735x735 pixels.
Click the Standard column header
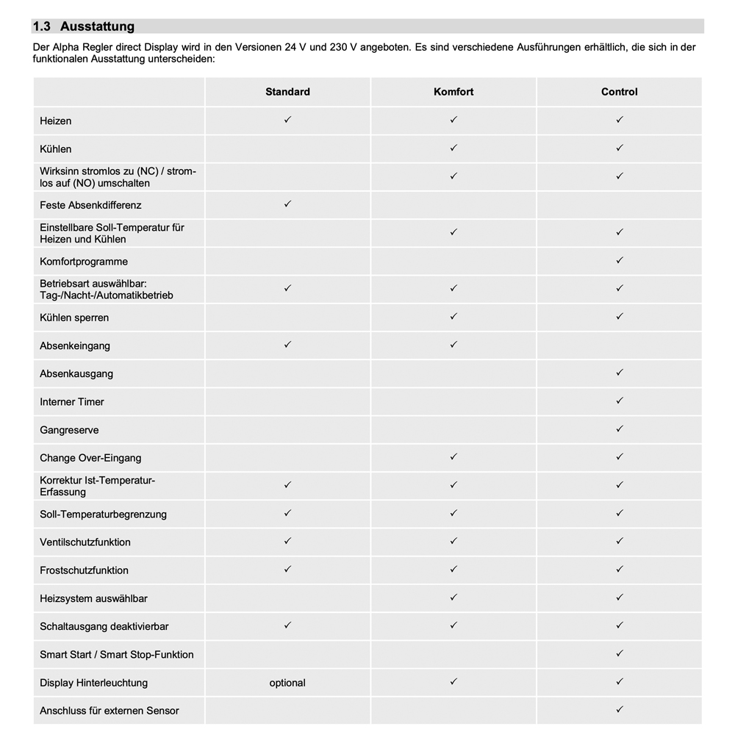pos(287,92)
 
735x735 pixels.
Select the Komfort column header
pos(453,92)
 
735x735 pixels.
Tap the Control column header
pos(619,92)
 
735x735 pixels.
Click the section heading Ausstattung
pos(97,26)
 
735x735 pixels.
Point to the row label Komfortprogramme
pos(84,262)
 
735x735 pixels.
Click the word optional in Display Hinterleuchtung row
pos(287,683)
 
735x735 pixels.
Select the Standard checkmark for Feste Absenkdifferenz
pos(287,204)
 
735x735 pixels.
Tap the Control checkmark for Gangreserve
pos(620,429)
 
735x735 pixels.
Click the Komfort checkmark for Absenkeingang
pos(453,344)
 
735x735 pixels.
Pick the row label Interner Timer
pos(72,402)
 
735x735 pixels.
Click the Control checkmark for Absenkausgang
pos(620,373)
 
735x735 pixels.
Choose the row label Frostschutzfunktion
pos(84,570)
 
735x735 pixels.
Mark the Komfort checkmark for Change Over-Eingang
pos(453,456)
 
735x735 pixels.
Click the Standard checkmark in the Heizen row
pos(287,119)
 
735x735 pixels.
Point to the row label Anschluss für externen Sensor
pos(110,711)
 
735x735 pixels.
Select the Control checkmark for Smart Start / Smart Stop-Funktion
pos(620,653)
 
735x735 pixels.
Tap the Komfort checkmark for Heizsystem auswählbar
pos(453,598)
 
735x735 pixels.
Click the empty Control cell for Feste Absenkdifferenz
pos(619,205)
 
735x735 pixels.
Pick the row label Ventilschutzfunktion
pos(85,542)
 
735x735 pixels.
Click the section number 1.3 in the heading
pos(42,26)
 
